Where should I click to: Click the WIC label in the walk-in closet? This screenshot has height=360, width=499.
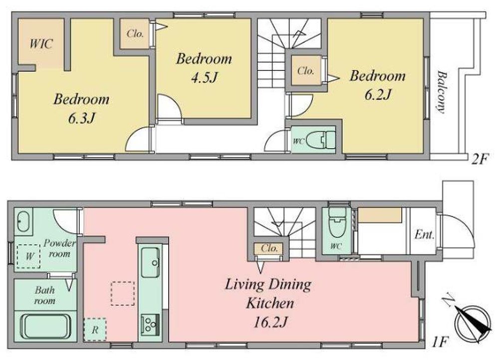click(x=41, y=43)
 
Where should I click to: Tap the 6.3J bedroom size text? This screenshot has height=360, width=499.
click(x=81, y=118)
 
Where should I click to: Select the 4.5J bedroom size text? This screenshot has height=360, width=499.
click(x=204, y=78)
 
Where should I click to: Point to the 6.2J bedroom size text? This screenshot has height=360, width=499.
click(x=378, y=94)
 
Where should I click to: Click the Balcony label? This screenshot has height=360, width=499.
click(x=441, y=92)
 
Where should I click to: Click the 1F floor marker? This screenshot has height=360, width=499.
click(x=441, y=343)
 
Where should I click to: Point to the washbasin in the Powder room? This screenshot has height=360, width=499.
click(x=23, y=222)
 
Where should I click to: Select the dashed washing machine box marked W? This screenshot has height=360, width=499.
click(x=28, y=256)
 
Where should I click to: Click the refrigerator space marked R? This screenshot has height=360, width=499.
click(x=95, y=330)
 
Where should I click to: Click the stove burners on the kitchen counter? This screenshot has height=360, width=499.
click(x=150, y=324)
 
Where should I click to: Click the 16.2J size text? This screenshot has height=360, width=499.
click(x=270, y=323)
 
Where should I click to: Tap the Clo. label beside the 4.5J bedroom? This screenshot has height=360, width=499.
click(x=135, y=34)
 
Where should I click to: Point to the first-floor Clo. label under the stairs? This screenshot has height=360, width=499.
click(x=269, y=248)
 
